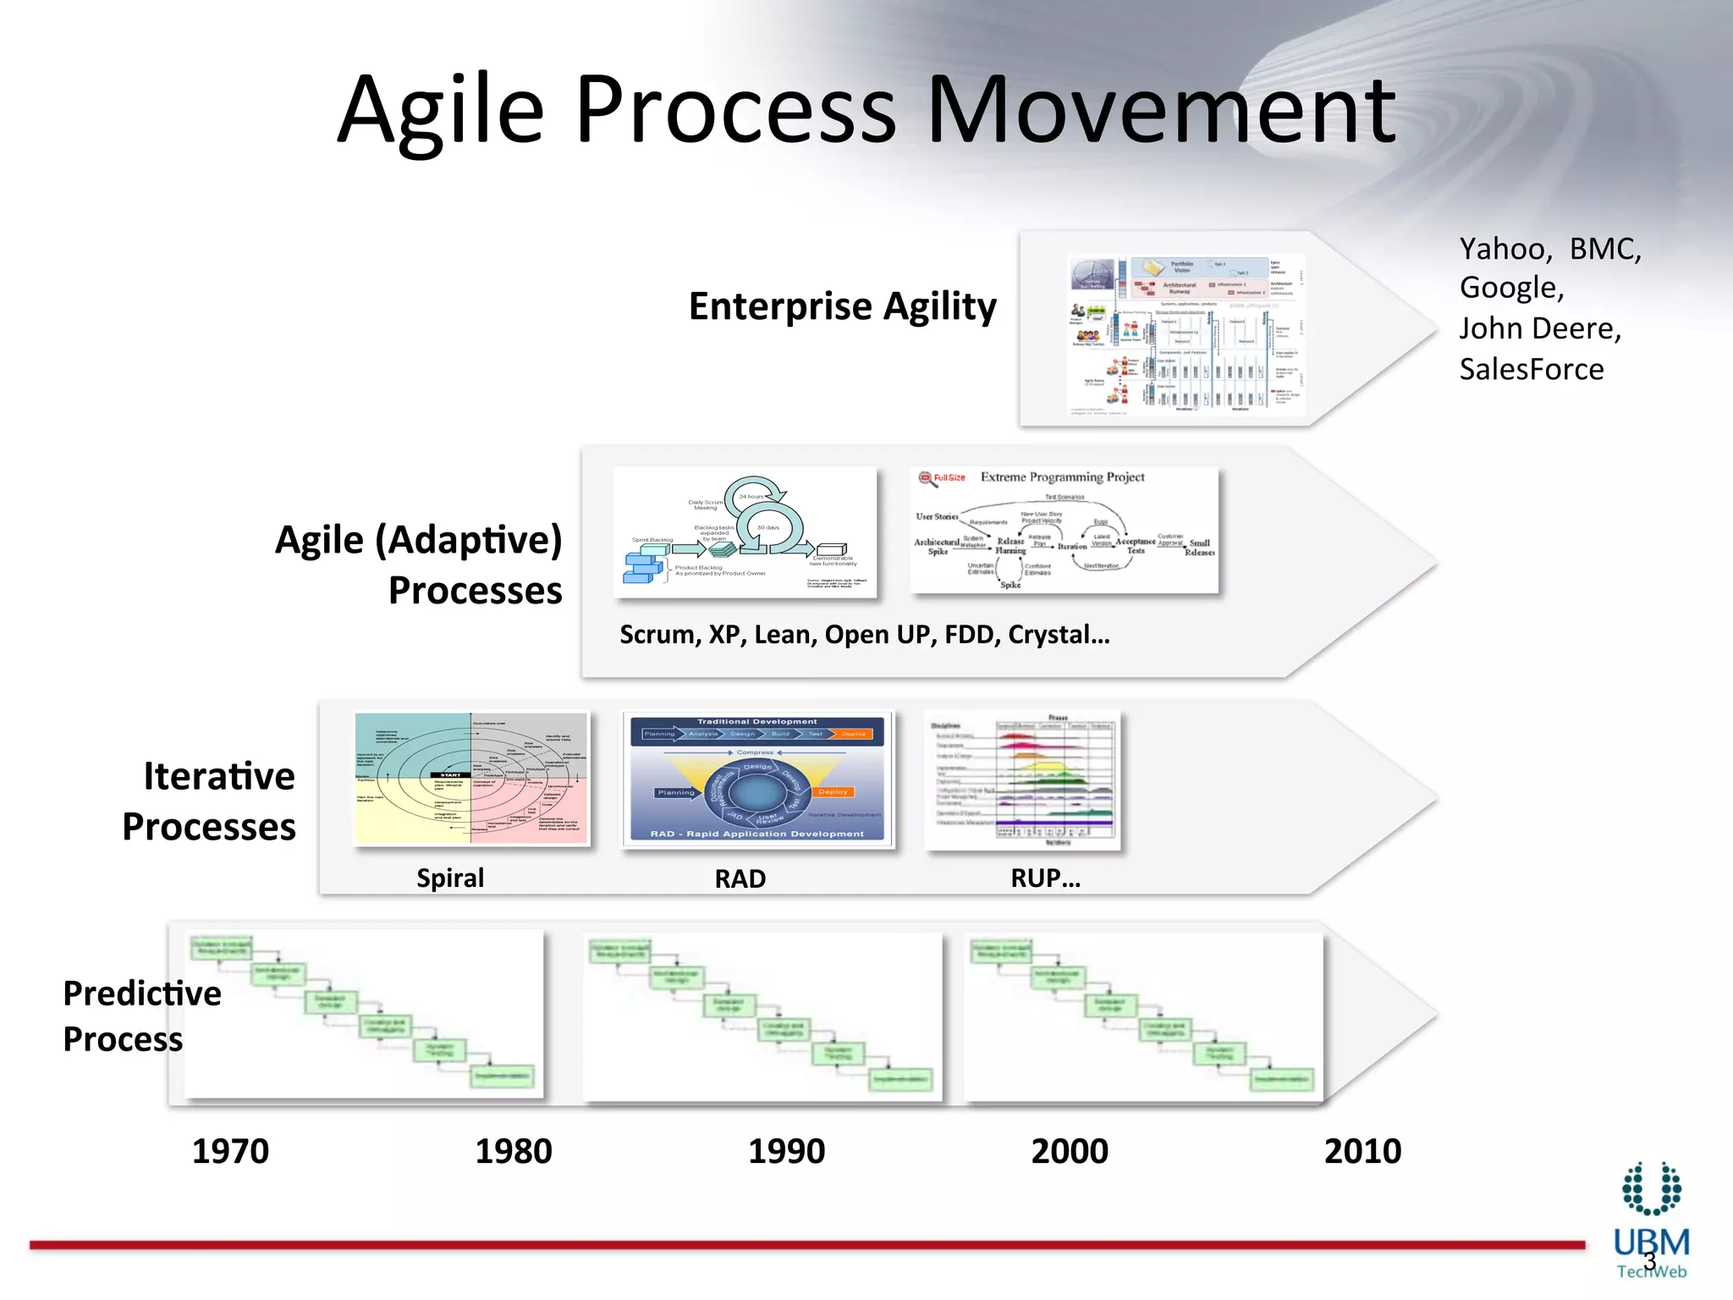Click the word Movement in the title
(1161, 110)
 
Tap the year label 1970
(230, 1151)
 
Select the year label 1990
(786, 1151)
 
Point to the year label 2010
(1362, 1151)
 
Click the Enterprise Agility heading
(842, 306)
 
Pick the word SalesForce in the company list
(1531, 370)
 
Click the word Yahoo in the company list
(1504, 250)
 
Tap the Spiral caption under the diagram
(450, 878)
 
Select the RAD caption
(740, 879)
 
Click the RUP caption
(1045, 879)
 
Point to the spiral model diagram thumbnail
(471, 779)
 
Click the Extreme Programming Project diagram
(1064, 531)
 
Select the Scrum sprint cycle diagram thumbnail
(745, 532)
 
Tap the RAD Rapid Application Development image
(757, 779)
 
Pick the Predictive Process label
(141, 1016)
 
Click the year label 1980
(513, 1151)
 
